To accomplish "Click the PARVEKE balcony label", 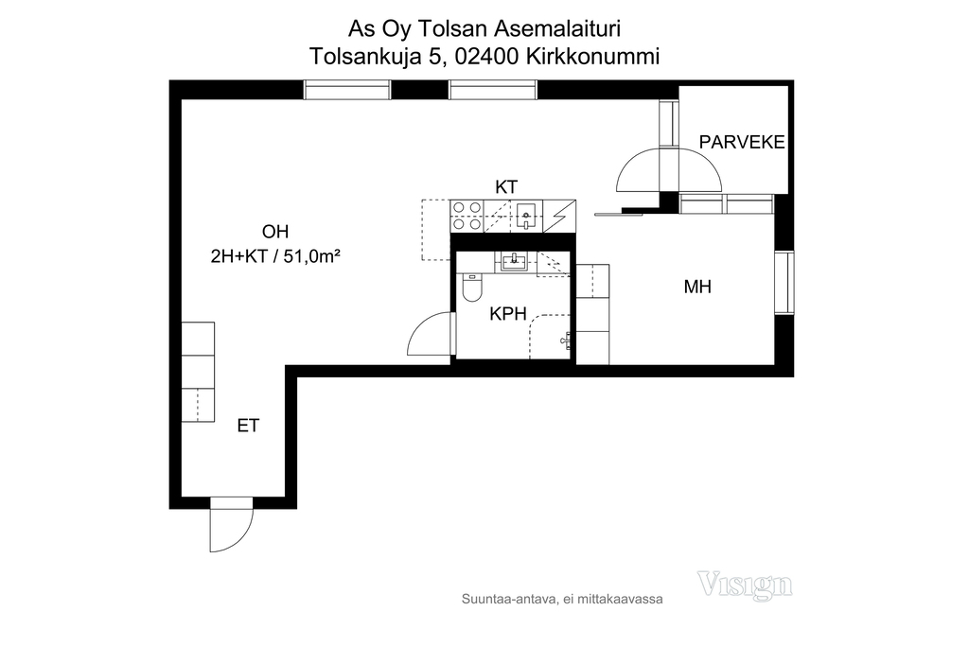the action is (x=742, y=142).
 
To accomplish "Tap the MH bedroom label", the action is (x=697, y=287).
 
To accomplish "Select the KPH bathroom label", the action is (x=508, y=314).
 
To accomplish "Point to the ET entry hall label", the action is (x=248, y=426).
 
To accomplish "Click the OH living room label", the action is (x=275, y=232).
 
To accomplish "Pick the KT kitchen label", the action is (x=506, y=187).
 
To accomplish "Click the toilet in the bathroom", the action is (x=471, y=288).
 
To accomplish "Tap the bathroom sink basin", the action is (x=514, y=263).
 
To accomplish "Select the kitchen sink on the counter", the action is (x=525, y=215).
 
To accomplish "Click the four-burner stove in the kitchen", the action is (x=467, y=217).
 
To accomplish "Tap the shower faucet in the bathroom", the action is (x=566, y=340).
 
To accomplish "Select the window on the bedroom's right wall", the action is (x=784, y=283).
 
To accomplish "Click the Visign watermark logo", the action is (x=745, y=585).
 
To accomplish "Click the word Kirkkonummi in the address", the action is (x=592, y=56).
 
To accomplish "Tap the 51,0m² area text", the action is (x=312, y=255).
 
